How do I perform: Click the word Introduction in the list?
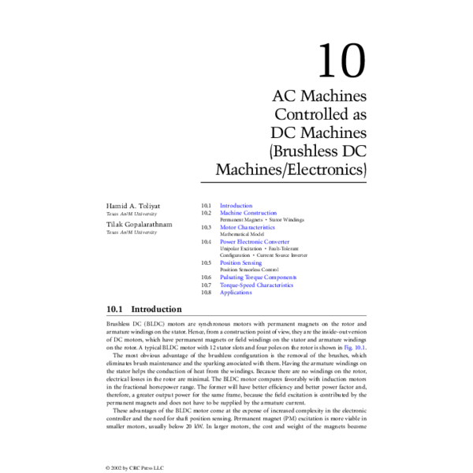236,205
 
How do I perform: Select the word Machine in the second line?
230,213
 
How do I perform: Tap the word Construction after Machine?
259,213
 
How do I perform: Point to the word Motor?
227,227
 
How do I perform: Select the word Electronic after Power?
251,242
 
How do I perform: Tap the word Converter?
277,242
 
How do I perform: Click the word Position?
229,263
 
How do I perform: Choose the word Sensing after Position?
252,263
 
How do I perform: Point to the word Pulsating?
231,277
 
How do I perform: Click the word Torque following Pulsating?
252,277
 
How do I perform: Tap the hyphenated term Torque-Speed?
237,285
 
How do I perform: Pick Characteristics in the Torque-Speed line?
275,285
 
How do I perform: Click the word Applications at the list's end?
236,293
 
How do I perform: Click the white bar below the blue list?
236,317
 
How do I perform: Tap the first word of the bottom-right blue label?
348,348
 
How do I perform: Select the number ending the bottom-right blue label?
360,348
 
